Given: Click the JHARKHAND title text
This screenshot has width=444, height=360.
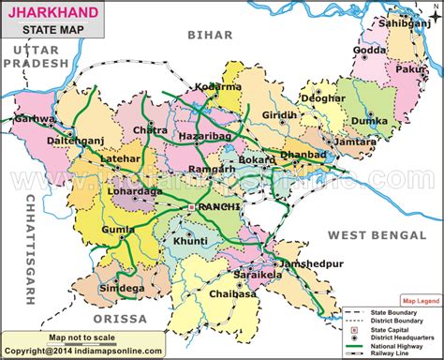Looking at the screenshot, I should click(x=50, y=10).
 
